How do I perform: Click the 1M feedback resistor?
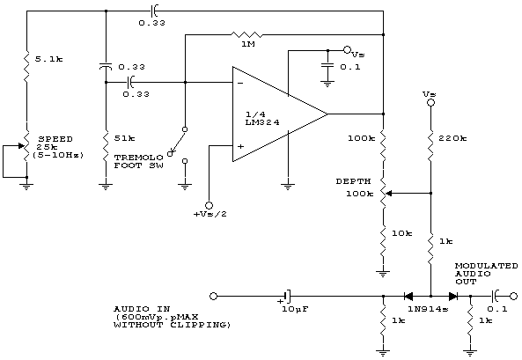[x=246, y=34]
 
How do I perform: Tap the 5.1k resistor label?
[x=48, y=59]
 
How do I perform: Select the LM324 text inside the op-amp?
[x=262, y=122]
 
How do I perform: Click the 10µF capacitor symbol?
[x=287, y=296]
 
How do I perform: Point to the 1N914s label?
[x=428, y=309]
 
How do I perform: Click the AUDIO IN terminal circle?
[x=213, y=296]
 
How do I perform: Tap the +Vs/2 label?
[x=210, y=214]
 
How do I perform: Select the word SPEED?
[x=55, y=139]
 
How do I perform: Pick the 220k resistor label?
[x=452, y=138]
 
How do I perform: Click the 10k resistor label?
[x=401, y=233]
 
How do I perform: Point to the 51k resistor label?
[x=124, y=138]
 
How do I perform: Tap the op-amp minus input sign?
[x=240, y=83]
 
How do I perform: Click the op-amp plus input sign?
[x=240, y=146]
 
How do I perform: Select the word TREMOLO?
[x=139, y=158]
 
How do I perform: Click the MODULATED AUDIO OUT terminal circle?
[x=514, y=296]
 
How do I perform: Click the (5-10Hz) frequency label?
[x=58, y=155]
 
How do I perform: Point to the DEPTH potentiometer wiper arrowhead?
[x=388, y=193]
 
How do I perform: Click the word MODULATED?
[x=487, y=266]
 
